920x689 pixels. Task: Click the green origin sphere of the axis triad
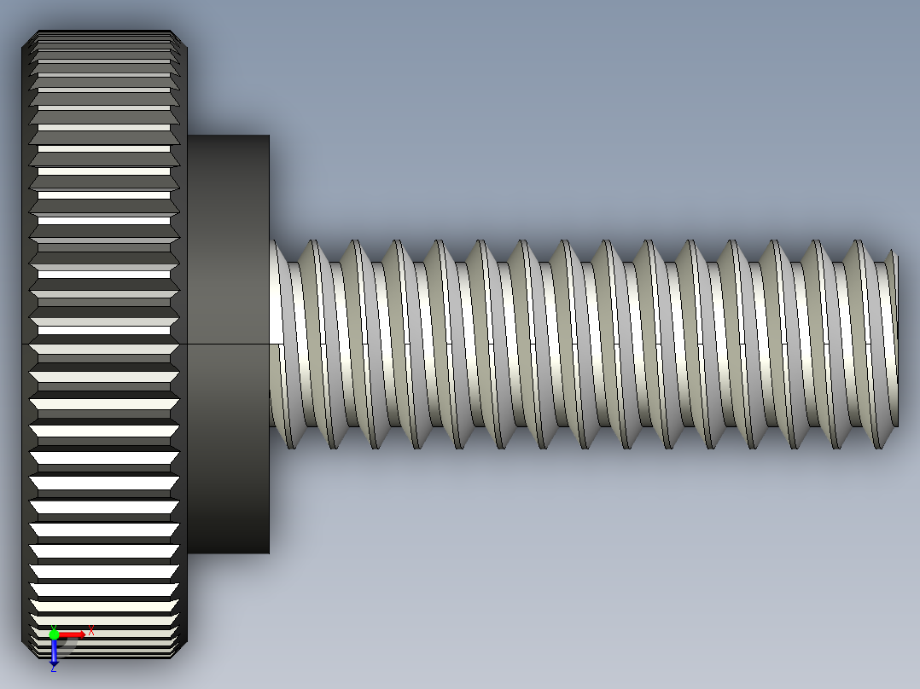tap(54, 634)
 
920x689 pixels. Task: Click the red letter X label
tap(91, 631)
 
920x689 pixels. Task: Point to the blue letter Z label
tap(53, 669)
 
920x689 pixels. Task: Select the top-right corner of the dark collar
tap(269, 136)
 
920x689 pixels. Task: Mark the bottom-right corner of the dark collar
tap(269, 553)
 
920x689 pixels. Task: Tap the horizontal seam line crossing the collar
tap(228, 344)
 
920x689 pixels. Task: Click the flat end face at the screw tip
tap(895, 341)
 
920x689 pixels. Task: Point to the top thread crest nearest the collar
tap(312, 242)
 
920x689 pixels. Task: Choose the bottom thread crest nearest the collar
tap(291, 446)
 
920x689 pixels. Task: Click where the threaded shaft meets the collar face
tap(271, 341)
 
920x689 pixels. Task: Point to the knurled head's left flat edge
tap(23, 341)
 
